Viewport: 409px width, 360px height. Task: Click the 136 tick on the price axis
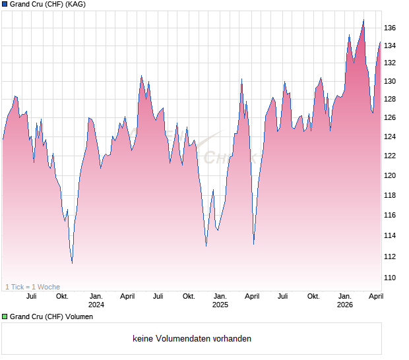click(x=390, y=28)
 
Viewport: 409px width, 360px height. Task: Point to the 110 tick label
click(x=390, y=278)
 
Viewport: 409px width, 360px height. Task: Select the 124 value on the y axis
click(x=390, y=137)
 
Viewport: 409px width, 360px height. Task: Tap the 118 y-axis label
click(x=390, y=196)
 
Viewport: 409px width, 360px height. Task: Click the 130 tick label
click(x=390, y=82)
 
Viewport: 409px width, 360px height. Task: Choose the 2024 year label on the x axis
click(x=96, y=305)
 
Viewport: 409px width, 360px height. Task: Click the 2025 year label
click(x=220, y=305)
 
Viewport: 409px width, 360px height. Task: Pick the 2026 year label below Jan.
click(x=345, y=305)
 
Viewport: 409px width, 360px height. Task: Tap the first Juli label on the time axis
click(x=31, y=297)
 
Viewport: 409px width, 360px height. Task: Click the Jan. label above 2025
click(x=220, y=297)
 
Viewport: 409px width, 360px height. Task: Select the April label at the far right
click(x=375, y=297)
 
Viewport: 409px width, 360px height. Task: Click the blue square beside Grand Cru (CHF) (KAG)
click(x=5, y=4)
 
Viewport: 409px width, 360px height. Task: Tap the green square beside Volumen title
click(x=5, y=317)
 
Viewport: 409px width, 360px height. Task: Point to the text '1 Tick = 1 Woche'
click(x=32, y=287)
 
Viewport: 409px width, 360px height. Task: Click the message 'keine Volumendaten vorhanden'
click(x=192, y=339)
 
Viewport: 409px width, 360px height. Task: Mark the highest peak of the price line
click(x=363, y=20)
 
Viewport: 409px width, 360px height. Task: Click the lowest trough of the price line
click(x=72, y=263)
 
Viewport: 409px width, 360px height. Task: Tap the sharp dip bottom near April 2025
click(x=254, y=244)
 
